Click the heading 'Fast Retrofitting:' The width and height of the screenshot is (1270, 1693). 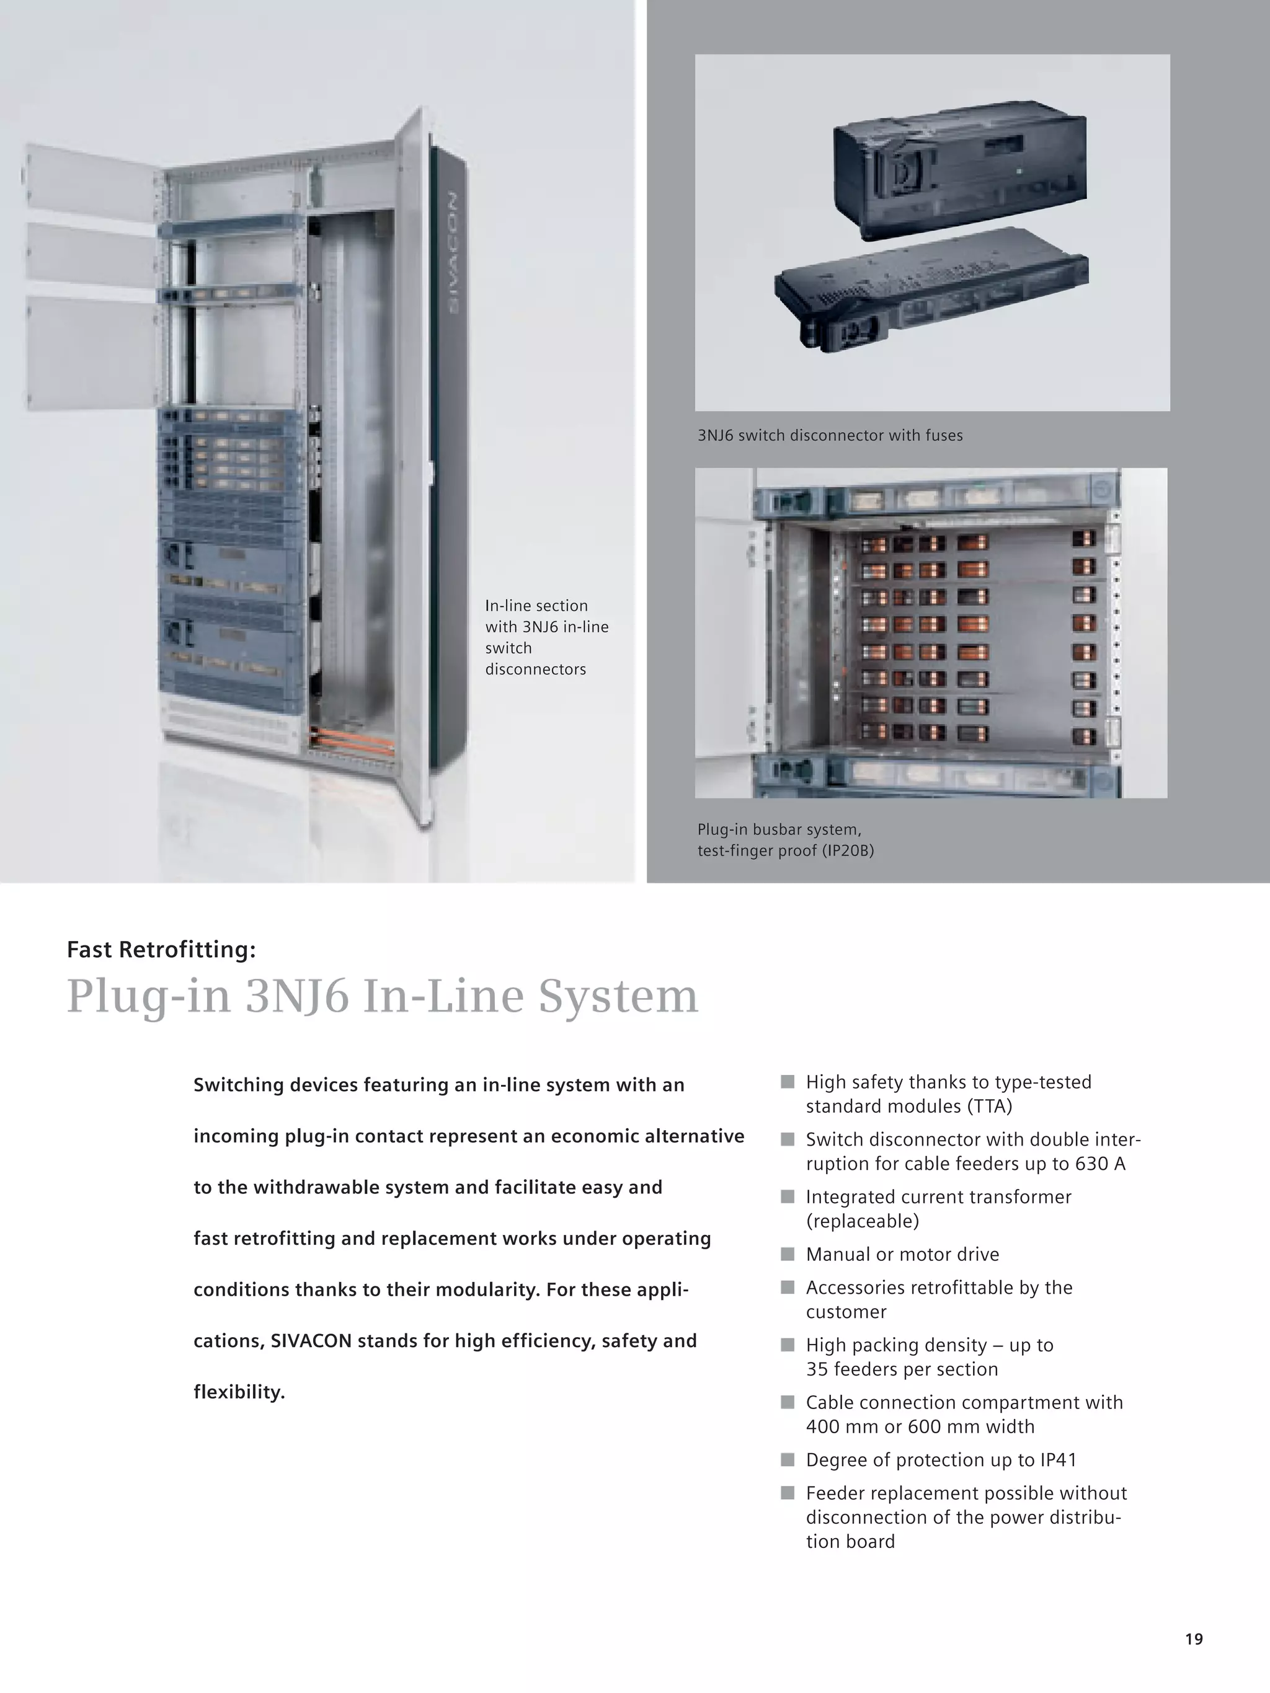click(161, 950)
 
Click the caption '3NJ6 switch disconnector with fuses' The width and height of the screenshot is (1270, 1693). click(830, 436)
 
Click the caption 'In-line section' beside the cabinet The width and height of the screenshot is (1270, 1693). click(536, 606)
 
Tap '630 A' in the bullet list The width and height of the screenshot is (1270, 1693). click(1100, 1164)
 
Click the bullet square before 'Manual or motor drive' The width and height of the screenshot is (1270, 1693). click(787, 1253)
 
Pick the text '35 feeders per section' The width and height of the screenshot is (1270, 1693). click(902, 1369)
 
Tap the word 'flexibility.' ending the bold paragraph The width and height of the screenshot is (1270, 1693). click(239, 1392)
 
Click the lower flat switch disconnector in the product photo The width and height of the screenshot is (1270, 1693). click(930, 294)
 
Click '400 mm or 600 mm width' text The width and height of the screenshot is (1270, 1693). click(920, 1426)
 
